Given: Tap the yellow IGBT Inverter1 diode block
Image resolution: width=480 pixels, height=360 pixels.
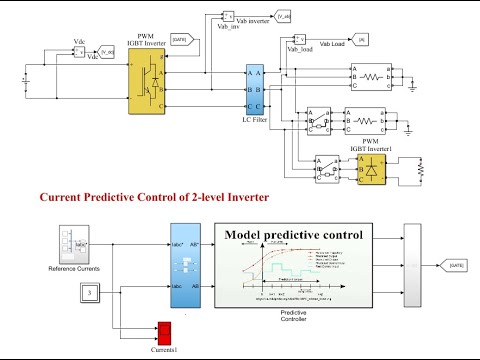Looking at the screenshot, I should click(x=372, y=171).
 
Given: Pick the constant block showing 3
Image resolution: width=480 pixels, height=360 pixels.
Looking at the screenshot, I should click(x=89, y=293).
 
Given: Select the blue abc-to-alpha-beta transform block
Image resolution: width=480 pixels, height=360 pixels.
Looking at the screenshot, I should click(x=186, y=269).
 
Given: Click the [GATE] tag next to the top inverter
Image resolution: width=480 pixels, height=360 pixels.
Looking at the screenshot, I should click(x=180, y=39).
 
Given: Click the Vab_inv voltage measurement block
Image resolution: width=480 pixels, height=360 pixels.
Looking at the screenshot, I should click(x=226, y=16).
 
